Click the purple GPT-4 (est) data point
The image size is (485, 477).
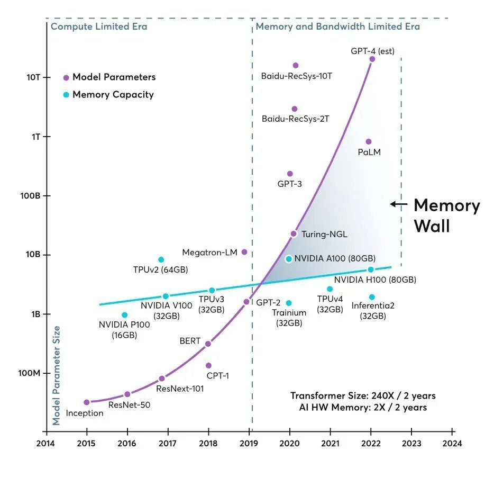372,59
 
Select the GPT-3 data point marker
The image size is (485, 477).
290,174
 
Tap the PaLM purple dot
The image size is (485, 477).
369,141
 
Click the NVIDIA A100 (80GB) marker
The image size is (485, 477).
289,259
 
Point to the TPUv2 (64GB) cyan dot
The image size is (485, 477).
161,259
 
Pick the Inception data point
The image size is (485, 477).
87,402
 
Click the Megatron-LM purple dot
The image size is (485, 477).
244,252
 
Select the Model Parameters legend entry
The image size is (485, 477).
109,77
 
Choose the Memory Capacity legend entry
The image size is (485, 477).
108,95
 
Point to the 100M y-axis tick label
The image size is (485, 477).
30,373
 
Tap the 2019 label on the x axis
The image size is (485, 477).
249,444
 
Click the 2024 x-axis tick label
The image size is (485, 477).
452,444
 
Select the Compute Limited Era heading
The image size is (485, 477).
99,26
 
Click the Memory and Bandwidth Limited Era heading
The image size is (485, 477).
337,26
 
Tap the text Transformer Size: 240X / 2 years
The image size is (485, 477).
363,395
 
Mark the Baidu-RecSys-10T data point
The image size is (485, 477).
296,66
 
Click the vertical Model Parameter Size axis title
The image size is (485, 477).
57,375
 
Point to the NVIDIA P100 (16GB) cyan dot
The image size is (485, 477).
124,315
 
